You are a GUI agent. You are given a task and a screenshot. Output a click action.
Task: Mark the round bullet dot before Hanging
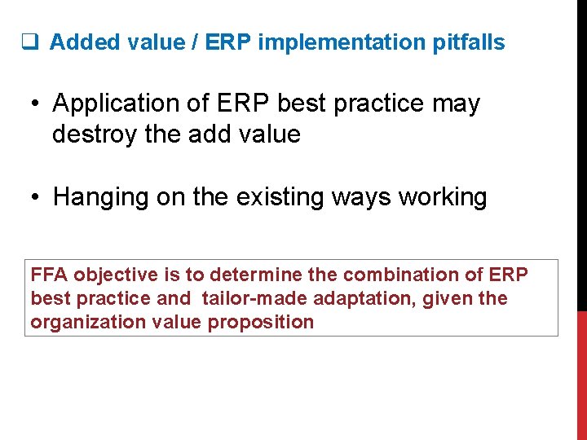37,198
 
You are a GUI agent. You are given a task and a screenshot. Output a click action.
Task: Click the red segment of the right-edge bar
581,375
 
